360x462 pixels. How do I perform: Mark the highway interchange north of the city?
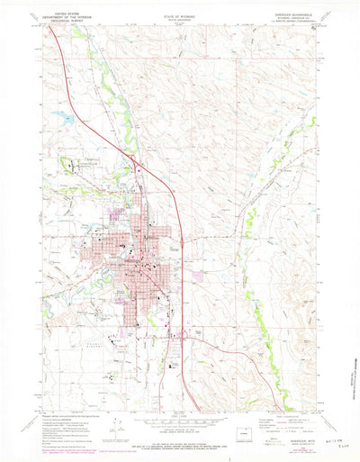click(135, 164)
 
